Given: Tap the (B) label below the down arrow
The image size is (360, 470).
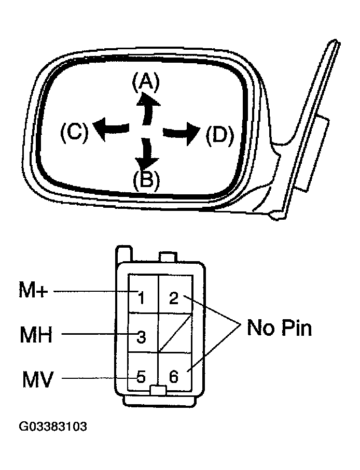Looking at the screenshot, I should pyautogui.click(x=146, y=180).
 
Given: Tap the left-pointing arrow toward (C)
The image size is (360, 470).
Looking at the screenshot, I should pyautogui.click(x=113, y=126).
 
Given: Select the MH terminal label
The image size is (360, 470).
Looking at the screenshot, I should pyautogui.click(x=36, y=335).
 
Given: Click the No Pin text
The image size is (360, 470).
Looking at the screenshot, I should pyautogui.click(x=279, y=327).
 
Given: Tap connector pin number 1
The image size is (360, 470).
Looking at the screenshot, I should pyautogui.click(x=141, y=297).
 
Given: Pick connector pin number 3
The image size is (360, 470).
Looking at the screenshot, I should pyautogui.click(x=141, y=337).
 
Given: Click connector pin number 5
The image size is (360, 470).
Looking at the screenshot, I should pyautogui.click(x=141, y=377).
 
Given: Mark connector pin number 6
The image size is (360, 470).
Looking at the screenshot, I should pyautogui.click(x=174, y=377).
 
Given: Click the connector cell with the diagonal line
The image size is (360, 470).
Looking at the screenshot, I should pyautogui.click(x=175, y=333).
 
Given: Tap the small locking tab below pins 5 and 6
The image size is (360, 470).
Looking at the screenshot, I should pyautogui.click(x=158, y=390).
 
